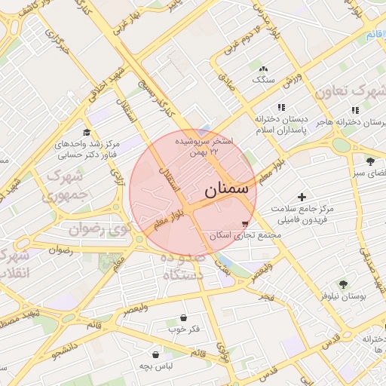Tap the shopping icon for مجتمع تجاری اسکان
[x=245, y=224]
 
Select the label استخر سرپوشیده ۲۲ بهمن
[x=204, y=146]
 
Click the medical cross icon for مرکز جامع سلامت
[x=302, y=197]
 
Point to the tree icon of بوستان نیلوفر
[x=344, y=284]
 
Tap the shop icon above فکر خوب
[x=185, y=318]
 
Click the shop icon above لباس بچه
[x=156, y=354]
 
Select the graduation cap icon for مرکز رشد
[x=87, y=133]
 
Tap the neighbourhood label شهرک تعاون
[x=350, y=92]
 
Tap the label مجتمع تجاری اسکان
[x=245, y=236]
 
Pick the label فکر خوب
[x=185, y=329]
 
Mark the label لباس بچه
[x=156, y=366]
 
